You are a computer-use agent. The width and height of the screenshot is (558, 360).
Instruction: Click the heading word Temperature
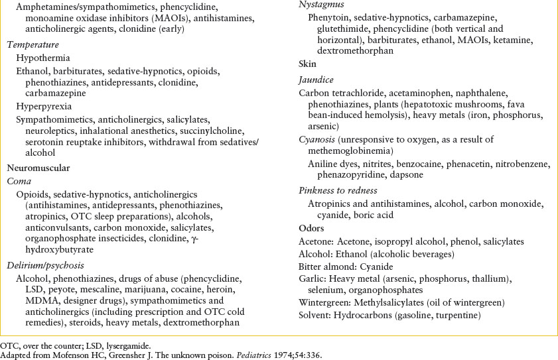click(33, 45)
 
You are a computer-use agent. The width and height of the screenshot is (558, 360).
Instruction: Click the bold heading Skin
click(308, 64)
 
